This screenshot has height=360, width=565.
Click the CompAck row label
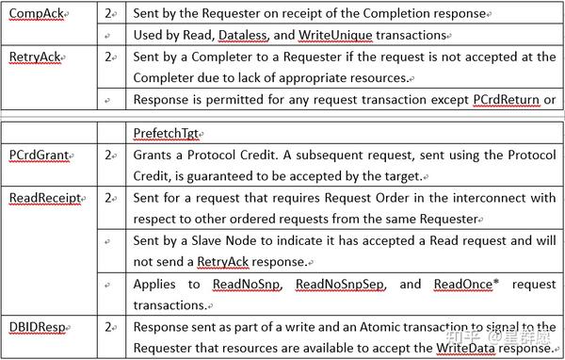point(36,14)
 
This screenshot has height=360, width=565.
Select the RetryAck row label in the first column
point(34,57)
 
